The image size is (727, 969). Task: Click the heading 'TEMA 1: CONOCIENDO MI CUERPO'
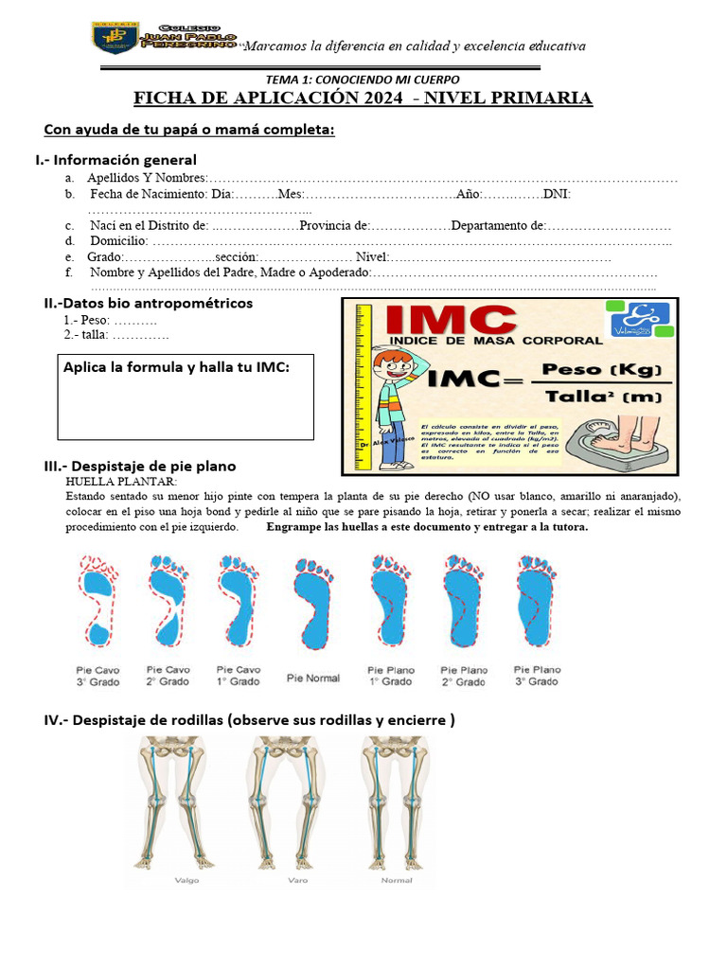pos(363,79)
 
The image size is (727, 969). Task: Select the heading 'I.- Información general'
pos(115,160)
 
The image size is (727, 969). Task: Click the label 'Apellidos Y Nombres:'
pos(147,178)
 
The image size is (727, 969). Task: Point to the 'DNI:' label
pos(557,194)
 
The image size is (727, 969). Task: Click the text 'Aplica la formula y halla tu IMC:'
pos(176,367)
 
